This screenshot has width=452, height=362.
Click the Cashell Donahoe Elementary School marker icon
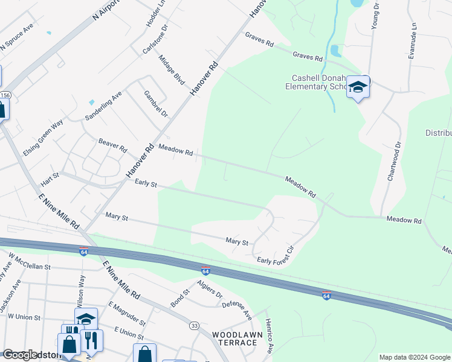click(x=358, y=89)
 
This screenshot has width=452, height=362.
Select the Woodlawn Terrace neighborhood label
click(x=234, y=338)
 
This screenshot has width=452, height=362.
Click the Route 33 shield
click(x=195, y=326)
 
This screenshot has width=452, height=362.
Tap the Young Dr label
click(x=375, y=14)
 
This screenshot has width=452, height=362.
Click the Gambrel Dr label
click(x=156, y=104)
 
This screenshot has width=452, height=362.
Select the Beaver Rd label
click(x=112, y=145)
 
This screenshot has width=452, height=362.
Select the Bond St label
click(x=181, y=298)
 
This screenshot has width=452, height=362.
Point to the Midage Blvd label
click(x=171, y=69)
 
